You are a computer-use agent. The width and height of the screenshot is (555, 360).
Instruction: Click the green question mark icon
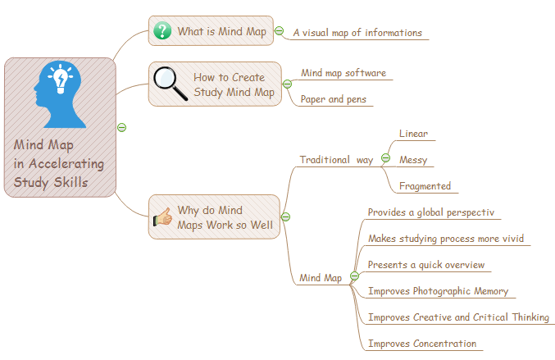[x=163, y=31]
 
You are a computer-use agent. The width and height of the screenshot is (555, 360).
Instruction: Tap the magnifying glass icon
[x=171, y=83]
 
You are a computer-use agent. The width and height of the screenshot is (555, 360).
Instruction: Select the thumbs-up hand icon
[x=162, y=218]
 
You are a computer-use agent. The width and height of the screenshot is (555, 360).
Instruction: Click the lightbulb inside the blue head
[x=60, y=80]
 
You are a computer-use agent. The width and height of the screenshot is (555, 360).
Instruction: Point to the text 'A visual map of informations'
[x=357, y=34]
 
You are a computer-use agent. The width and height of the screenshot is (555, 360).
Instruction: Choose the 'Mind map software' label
[x=343, y=73]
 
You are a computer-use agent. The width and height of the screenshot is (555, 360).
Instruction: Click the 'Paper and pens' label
[x=333, y=99]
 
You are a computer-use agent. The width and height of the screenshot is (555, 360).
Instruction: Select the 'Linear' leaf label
[x=413, y=133]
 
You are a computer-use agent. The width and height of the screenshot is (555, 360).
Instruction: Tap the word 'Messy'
[x=413, y=160]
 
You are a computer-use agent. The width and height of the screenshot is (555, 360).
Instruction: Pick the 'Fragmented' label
[x=425, y=186]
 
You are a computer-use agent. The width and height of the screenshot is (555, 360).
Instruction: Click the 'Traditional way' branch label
[x=336, y=160]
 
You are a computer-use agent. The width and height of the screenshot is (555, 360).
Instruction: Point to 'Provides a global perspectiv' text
[x=431, y=212]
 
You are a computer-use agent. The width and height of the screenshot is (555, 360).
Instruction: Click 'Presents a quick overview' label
[x=426, y=265]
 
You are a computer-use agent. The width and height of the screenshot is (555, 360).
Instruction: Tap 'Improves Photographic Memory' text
[x=438, y=291]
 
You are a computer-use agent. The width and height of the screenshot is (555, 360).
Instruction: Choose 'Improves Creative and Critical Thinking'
[x=458, y=317]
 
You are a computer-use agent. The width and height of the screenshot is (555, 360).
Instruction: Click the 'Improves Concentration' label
[x=422, y=344]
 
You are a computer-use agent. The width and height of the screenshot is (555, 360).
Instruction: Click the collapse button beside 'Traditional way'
[x=385, y=158]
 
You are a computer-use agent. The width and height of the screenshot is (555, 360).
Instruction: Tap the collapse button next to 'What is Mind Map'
[x=279, y=31]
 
